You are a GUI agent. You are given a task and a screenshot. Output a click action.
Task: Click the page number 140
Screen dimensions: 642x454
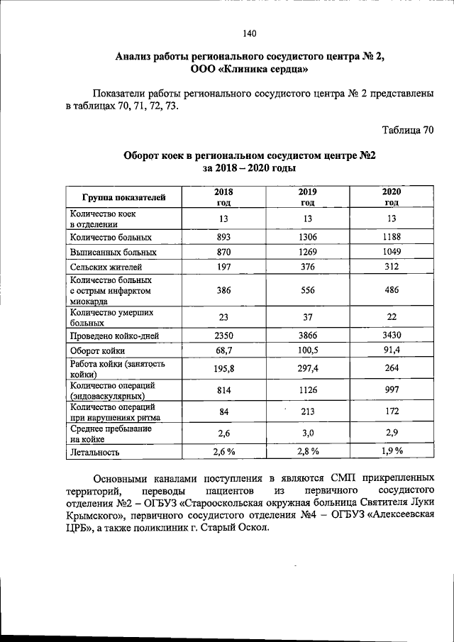248,33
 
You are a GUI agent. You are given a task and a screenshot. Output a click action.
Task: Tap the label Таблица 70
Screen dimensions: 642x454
407,131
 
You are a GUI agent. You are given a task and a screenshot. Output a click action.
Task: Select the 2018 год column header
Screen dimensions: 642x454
223,197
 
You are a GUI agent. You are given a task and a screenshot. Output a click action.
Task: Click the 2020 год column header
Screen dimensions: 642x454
392,197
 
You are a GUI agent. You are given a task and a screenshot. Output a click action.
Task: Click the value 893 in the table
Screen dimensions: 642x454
224,237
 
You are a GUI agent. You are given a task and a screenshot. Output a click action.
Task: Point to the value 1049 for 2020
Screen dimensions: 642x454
391,252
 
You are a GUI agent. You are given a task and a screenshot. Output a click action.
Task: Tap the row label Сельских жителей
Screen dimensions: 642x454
106,267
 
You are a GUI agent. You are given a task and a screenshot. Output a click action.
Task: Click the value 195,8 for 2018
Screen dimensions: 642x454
224,369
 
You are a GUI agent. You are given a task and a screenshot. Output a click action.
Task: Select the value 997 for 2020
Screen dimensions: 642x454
391,390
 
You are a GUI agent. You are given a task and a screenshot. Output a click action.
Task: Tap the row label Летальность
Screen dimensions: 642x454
95,451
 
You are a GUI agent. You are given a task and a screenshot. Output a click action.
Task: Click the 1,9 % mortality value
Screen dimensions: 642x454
391,450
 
